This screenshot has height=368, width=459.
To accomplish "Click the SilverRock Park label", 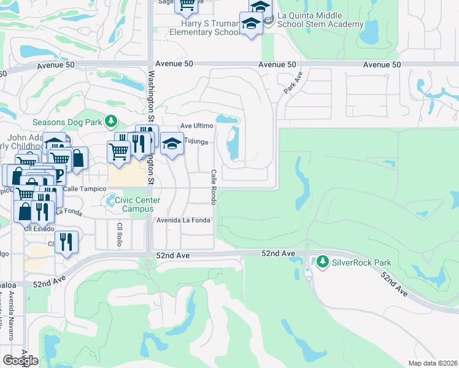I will coord(361,263).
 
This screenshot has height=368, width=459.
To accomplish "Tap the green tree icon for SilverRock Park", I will coord(323,263).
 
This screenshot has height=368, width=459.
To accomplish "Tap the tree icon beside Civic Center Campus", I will coord(110,200).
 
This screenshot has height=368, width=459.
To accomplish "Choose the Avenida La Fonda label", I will coord(183,220).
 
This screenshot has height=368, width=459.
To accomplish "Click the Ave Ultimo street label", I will coord(196,126).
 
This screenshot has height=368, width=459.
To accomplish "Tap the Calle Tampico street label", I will coord(80,189).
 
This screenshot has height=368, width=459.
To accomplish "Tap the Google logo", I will coord(20,360).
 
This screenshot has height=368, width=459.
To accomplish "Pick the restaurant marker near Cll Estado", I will coord(66,241).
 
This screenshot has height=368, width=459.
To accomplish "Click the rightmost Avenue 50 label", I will coord(382,64).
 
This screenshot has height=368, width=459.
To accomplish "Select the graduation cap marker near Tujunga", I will coord(172,145).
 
